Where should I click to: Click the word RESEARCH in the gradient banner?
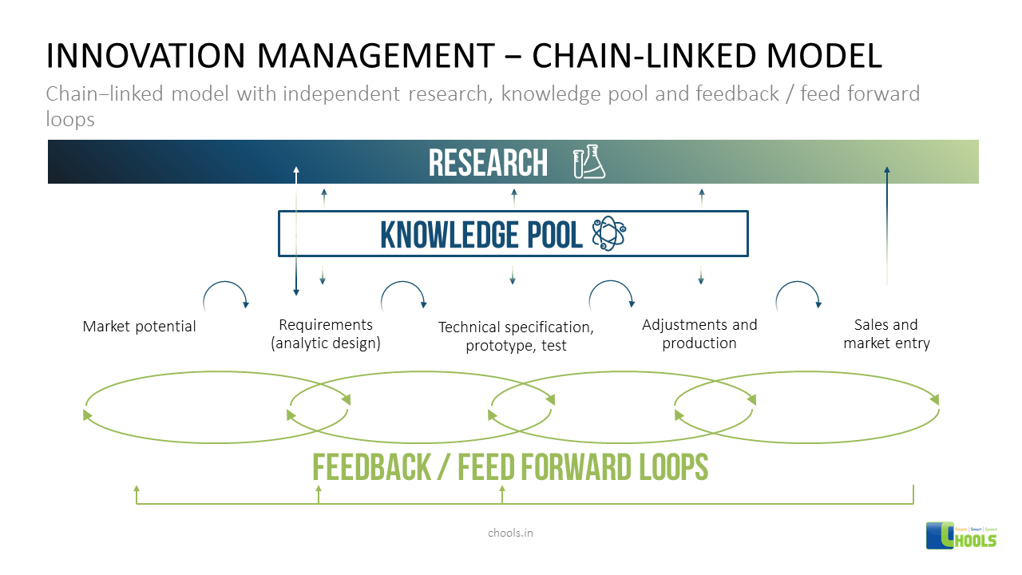[x=488, y=163]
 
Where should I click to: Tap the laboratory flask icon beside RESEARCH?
[x=589, y=162]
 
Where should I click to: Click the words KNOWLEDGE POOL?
[x=481, y=234]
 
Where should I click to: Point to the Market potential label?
[x=140, y=326]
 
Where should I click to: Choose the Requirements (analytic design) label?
[x=325, y=334]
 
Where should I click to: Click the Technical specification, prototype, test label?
[x=516, y=336]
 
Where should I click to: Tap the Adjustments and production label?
[x=699, y=334]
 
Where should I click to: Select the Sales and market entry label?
[x=886, y=334]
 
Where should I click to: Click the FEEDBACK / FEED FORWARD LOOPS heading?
[x=510, y=467]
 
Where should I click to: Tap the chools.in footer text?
[x=510, y=532]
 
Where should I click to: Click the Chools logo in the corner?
[x=961, y=535]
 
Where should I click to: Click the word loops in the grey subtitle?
[x=70, y=120]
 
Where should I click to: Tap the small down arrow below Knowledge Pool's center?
[x=513, y=275]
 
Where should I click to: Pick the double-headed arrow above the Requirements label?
[x=296, y=231]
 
